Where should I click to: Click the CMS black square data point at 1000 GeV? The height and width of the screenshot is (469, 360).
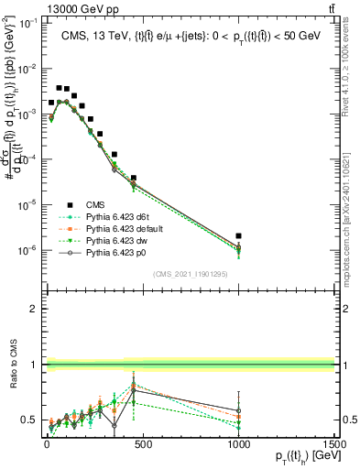(x=238, y=236)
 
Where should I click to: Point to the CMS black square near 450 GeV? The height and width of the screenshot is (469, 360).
(x=133, y=178)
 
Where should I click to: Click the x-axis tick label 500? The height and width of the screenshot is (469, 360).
(x=142, y=443)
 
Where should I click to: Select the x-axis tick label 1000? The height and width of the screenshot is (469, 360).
(x=238, y=443)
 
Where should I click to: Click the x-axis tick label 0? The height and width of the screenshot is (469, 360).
(x=47, y=443)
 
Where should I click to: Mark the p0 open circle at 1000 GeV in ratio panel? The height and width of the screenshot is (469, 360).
(x=238, y=410)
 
